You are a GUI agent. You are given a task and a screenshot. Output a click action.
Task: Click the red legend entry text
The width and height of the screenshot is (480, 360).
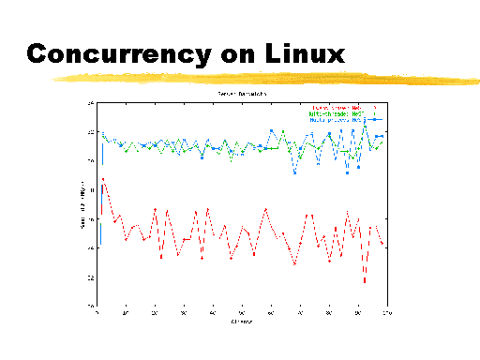coord(333,107)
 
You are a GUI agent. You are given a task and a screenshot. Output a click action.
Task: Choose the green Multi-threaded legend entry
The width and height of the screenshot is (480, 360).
coord(334,113)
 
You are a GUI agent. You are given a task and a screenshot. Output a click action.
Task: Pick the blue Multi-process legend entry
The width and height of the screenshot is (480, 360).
coord(333,120)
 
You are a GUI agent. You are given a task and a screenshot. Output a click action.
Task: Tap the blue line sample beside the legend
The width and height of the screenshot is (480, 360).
coord(373,120)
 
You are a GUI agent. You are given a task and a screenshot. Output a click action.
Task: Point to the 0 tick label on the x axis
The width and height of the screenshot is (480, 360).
coord(98,313)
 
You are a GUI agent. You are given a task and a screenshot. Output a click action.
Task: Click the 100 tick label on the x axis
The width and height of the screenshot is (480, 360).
coord(383,313)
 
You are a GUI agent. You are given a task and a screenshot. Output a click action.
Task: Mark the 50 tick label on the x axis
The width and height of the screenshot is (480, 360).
coord(241,313)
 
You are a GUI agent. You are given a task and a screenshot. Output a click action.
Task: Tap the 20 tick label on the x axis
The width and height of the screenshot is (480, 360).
coord(156,313)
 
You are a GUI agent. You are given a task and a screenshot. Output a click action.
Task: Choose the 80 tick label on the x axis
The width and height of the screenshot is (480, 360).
coord(327,313)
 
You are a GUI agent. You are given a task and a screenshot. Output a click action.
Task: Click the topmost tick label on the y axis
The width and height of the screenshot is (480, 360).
coord(90,102)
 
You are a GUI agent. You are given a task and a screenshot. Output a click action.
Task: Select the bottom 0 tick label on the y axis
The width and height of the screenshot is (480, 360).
coord(91,307)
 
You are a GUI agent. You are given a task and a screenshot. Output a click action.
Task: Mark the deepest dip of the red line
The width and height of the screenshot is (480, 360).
coord(365,281)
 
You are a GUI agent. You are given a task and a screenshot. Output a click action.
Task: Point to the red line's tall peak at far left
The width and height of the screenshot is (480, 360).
coord(103,178)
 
